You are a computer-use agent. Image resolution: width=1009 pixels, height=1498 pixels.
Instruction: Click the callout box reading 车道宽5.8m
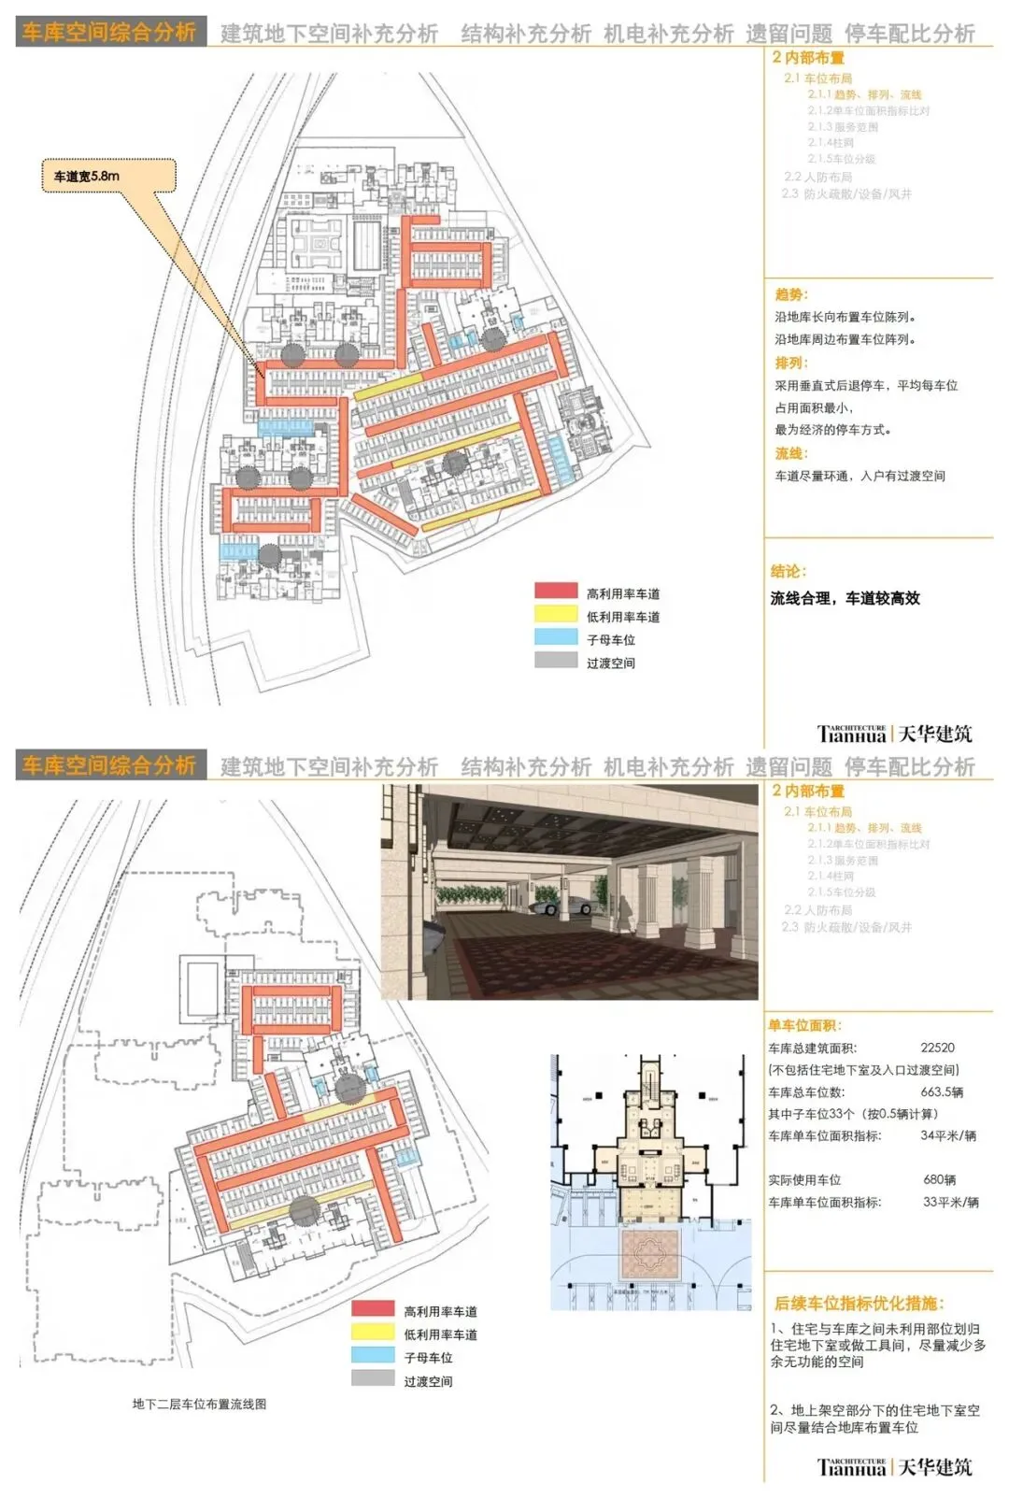coord(108,176)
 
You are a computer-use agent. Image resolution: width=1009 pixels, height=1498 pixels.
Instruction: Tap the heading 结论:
coord(789,571)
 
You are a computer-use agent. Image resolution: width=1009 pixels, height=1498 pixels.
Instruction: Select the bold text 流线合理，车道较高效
coord(845,598)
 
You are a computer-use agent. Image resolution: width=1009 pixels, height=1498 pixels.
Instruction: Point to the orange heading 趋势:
coord(791,294)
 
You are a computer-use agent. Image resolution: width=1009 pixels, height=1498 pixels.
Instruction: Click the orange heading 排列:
coord(791,363)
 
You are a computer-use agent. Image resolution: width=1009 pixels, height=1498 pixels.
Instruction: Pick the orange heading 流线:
coord(791,453)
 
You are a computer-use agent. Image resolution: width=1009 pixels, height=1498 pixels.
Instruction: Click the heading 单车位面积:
coord(804,1025)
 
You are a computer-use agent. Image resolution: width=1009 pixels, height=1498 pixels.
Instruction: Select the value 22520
coord(937,1048)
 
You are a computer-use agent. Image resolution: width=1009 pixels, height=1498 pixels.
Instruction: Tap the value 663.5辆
coord(942,1091)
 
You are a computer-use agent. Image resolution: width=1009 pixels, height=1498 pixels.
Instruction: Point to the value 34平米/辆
coord(948,1135)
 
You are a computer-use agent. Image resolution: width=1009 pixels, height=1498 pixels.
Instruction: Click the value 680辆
coord(939,1179)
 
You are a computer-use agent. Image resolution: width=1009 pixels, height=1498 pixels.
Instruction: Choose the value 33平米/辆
coord(950,1202)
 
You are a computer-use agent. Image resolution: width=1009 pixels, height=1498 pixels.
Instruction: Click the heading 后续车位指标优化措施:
coord(859,1303)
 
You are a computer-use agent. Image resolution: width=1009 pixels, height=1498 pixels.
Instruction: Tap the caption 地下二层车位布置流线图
coord(199,1404)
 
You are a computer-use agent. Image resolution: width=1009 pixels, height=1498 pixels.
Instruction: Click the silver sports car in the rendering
coord(561,901)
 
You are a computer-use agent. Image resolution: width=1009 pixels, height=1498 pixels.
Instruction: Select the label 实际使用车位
coord(804,1179)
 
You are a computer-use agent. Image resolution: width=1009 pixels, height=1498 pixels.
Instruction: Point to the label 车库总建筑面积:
coord(812,1048)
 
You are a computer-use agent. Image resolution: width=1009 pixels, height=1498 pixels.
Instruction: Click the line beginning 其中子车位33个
coord(853,1114)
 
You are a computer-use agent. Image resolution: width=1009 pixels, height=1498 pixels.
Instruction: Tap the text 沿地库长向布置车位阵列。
coord(845,317)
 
